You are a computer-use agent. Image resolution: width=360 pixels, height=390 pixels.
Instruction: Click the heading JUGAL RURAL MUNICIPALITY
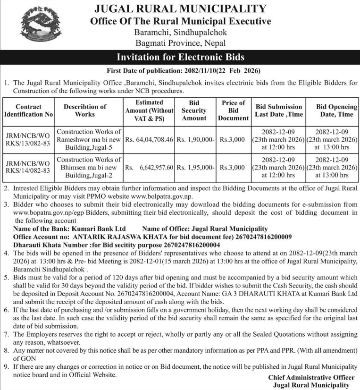[180, 8]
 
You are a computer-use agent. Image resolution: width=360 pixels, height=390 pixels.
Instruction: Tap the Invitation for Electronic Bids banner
[180, 58]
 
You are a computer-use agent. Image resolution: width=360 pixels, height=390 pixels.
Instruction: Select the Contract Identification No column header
[28, 110]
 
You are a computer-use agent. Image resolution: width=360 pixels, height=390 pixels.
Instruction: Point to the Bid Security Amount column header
[194, 110]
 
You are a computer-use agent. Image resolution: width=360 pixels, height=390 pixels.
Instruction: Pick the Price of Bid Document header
[233, 110]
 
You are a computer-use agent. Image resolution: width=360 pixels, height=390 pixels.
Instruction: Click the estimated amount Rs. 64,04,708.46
[149, 140]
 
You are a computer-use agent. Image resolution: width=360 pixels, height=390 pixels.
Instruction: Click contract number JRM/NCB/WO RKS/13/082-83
[28, 140]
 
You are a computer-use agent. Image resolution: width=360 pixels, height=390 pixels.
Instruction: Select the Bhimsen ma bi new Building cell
[89, 167]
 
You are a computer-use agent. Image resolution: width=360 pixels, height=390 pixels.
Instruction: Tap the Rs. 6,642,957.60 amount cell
[149, 167]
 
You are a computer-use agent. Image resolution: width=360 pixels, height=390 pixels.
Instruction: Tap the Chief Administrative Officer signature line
[311, 378]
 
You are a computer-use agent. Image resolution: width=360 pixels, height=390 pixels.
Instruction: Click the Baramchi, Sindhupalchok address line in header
[180, 32]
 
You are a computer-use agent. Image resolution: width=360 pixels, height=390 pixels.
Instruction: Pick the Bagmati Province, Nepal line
[180, 43]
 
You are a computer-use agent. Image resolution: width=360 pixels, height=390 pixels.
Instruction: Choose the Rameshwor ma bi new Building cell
[89, 140]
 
